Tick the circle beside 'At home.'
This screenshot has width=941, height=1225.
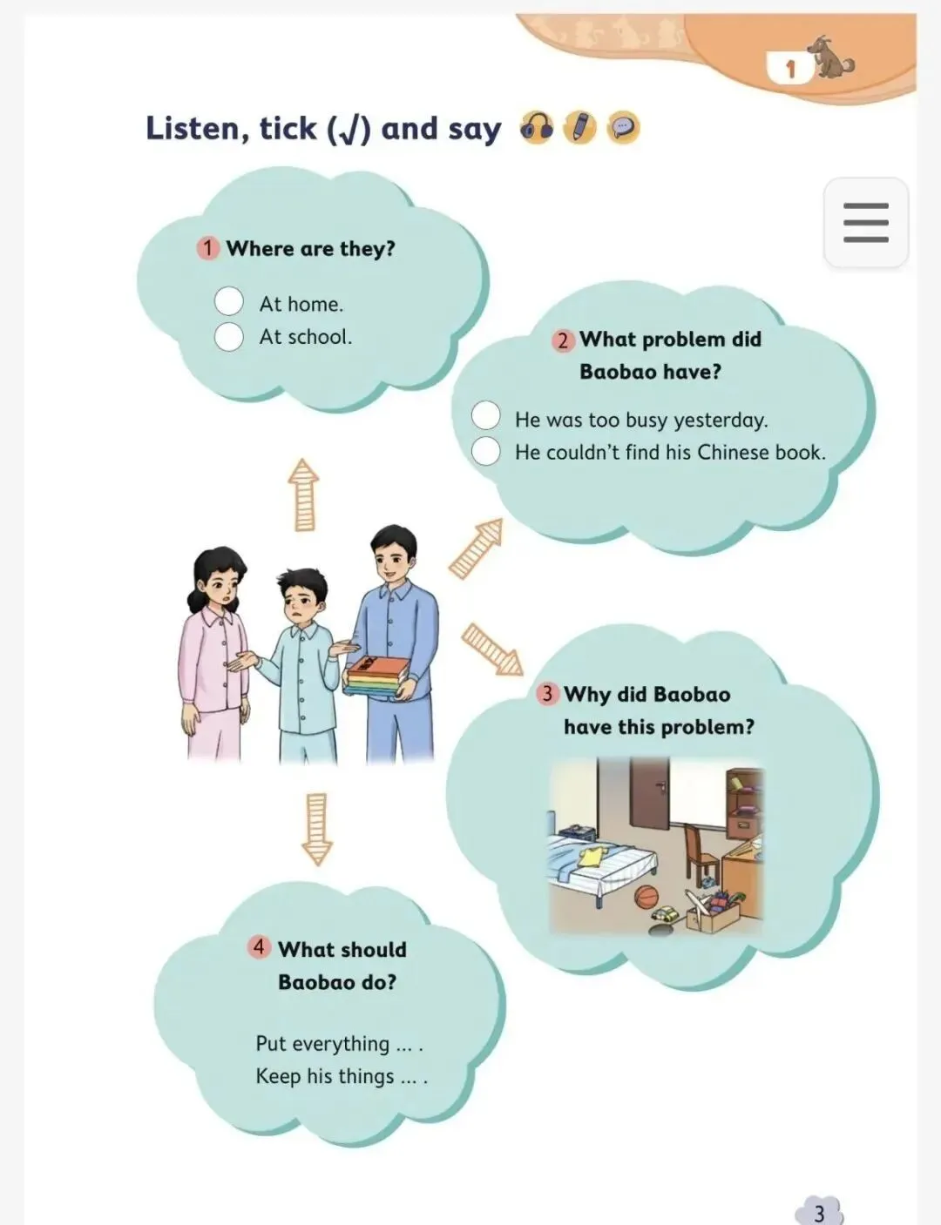coord(229,300)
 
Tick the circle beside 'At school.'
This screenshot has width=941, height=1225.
coord(229,337)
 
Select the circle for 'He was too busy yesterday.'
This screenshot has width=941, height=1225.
coord(485,415)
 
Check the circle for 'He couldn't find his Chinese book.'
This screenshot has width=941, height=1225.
coord(485,451)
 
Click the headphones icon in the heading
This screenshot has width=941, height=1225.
coord(537,127)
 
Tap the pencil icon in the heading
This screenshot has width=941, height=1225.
coord(580,127)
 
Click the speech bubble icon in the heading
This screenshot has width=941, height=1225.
coord(623,127)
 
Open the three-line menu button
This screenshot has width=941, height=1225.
coord(866,222)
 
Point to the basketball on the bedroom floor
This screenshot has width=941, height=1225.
coord(647,897)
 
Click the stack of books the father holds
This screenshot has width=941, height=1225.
coord(378,677)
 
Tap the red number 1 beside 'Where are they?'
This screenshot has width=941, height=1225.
coord(207,248)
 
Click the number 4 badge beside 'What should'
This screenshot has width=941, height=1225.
coord(259,946)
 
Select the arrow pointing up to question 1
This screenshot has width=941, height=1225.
coord(303,495)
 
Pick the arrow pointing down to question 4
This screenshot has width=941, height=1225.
coord(317,829)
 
